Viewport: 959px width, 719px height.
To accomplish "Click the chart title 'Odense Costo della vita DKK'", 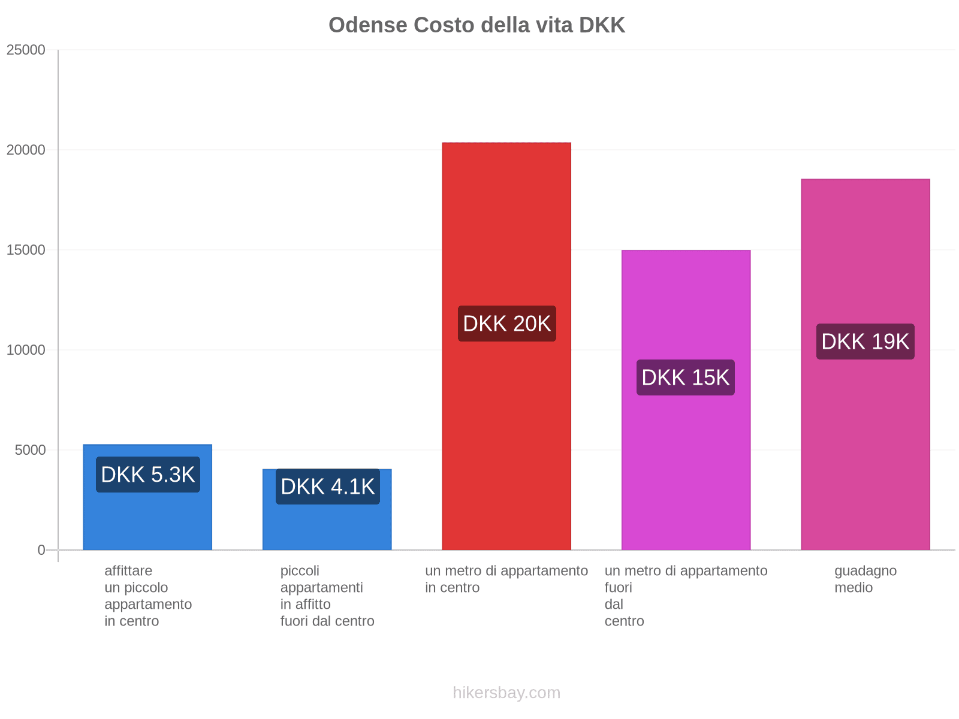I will pos(477,25).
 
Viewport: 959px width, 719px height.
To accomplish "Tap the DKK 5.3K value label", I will pos(148,475).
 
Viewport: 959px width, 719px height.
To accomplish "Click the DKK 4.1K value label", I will pos(328,487).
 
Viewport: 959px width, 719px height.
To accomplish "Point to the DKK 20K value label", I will pos(506,324).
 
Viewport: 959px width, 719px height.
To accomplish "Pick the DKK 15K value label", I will pos(686,377).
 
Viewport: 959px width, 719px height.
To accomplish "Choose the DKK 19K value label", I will pos(865,342).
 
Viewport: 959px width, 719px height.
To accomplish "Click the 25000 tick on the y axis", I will pos(26,50).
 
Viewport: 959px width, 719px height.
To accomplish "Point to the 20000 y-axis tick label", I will pos(26,150).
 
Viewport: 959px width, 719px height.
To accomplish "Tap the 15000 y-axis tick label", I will pos(26,250).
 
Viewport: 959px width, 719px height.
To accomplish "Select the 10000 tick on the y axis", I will pos(26,350).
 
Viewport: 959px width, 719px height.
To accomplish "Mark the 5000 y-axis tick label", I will pos(30,450).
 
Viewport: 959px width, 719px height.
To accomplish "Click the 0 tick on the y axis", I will pos(41,550).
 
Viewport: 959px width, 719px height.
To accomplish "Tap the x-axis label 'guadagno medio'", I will pos(865,579).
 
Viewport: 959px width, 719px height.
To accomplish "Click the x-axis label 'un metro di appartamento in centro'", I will pos(506,579).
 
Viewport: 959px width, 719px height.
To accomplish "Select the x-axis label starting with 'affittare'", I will pos(148,596).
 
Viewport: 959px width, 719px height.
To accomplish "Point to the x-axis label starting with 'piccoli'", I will pos(327,596).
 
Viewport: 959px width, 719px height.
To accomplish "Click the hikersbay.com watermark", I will pos(506,693).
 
